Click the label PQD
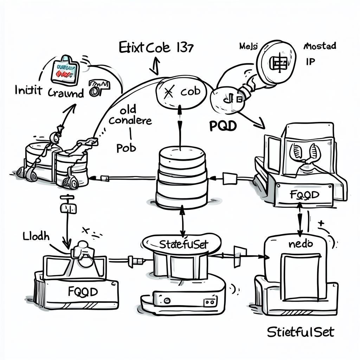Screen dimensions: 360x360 click(x=223, y=126)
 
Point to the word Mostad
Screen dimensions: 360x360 click(x=319, y=46)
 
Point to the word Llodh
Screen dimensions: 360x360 click(x=36, y=236)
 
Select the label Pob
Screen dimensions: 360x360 click(x=126, y=148)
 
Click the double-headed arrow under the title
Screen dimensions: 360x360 click(x=155, y=66)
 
